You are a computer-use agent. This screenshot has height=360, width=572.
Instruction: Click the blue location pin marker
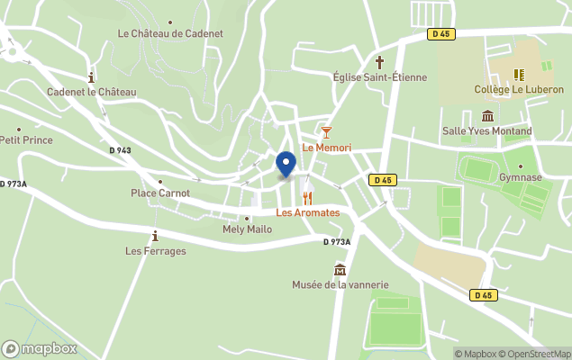pos(286,165)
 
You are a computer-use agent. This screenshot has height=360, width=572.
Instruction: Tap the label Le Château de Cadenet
pos(170,34)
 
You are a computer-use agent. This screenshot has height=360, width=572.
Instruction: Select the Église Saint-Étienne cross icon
pos(380,63)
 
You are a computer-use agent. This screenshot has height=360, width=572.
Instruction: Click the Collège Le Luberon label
pos(518,90)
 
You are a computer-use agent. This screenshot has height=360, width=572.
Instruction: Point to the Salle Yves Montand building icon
pos(487,117)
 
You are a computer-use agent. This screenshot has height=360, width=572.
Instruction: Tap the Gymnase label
pos(521,177)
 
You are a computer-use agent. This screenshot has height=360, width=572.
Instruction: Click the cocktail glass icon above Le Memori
pos(326,133)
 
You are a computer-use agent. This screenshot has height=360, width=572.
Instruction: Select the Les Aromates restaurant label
pos(308,212)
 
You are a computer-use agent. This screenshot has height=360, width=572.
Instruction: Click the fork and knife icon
pos(307,198)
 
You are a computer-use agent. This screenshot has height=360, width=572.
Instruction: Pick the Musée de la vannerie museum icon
pos(340,270)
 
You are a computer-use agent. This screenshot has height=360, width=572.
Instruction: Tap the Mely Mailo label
pos(247,229)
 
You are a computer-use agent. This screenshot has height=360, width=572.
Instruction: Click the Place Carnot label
pos(160,193)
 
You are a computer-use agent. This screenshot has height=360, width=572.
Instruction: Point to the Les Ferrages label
pos(156,251)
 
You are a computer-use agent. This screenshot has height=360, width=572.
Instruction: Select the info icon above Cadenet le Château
pos(91,78)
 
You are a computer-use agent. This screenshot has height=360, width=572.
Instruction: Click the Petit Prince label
pos(26,140)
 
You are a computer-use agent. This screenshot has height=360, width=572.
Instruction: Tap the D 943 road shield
pos(120,150)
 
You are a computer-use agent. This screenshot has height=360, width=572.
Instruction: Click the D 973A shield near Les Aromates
pos(337,241)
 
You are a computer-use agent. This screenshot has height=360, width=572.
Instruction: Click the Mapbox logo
pos(40,348)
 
